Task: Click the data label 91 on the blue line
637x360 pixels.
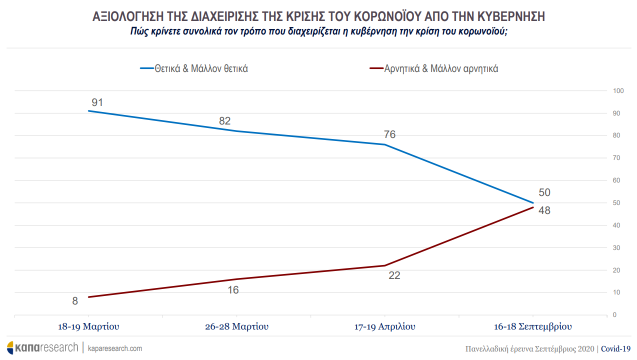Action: pos(97,102)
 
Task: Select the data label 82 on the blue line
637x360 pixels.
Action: pos(225,121)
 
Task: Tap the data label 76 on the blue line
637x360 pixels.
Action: pos(389,134)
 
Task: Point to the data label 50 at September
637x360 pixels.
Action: pos(544,192)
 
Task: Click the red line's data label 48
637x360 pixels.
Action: pos(544,210)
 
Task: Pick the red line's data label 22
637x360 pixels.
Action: pos(394,275)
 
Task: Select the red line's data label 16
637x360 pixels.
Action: pos(233,289)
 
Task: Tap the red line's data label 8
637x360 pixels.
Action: pos(75,301)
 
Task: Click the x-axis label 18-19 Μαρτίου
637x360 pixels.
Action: pos(89,327)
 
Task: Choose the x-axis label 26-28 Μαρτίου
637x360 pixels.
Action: pos(236,327)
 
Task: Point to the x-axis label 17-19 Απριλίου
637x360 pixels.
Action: pos(384,327)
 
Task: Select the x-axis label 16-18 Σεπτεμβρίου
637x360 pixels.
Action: pos(532,327)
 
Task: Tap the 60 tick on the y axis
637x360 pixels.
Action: pos(616,180)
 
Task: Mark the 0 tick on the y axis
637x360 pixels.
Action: pos(615,315)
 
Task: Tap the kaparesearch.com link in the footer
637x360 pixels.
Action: pos(114,348)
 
